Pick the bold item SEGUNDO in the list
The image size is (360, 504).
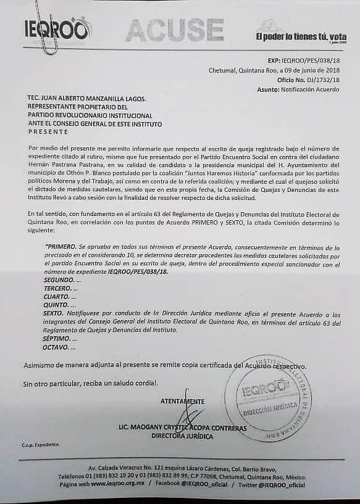[x=59, y=279]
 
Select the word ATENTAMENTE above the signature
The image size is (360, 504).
[x=182, y=402]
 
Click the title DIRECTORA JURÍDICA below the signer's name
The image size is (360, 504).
[x=182, y=436]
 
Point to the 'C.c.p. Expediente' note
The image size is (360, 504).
[x=40, y=444]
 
